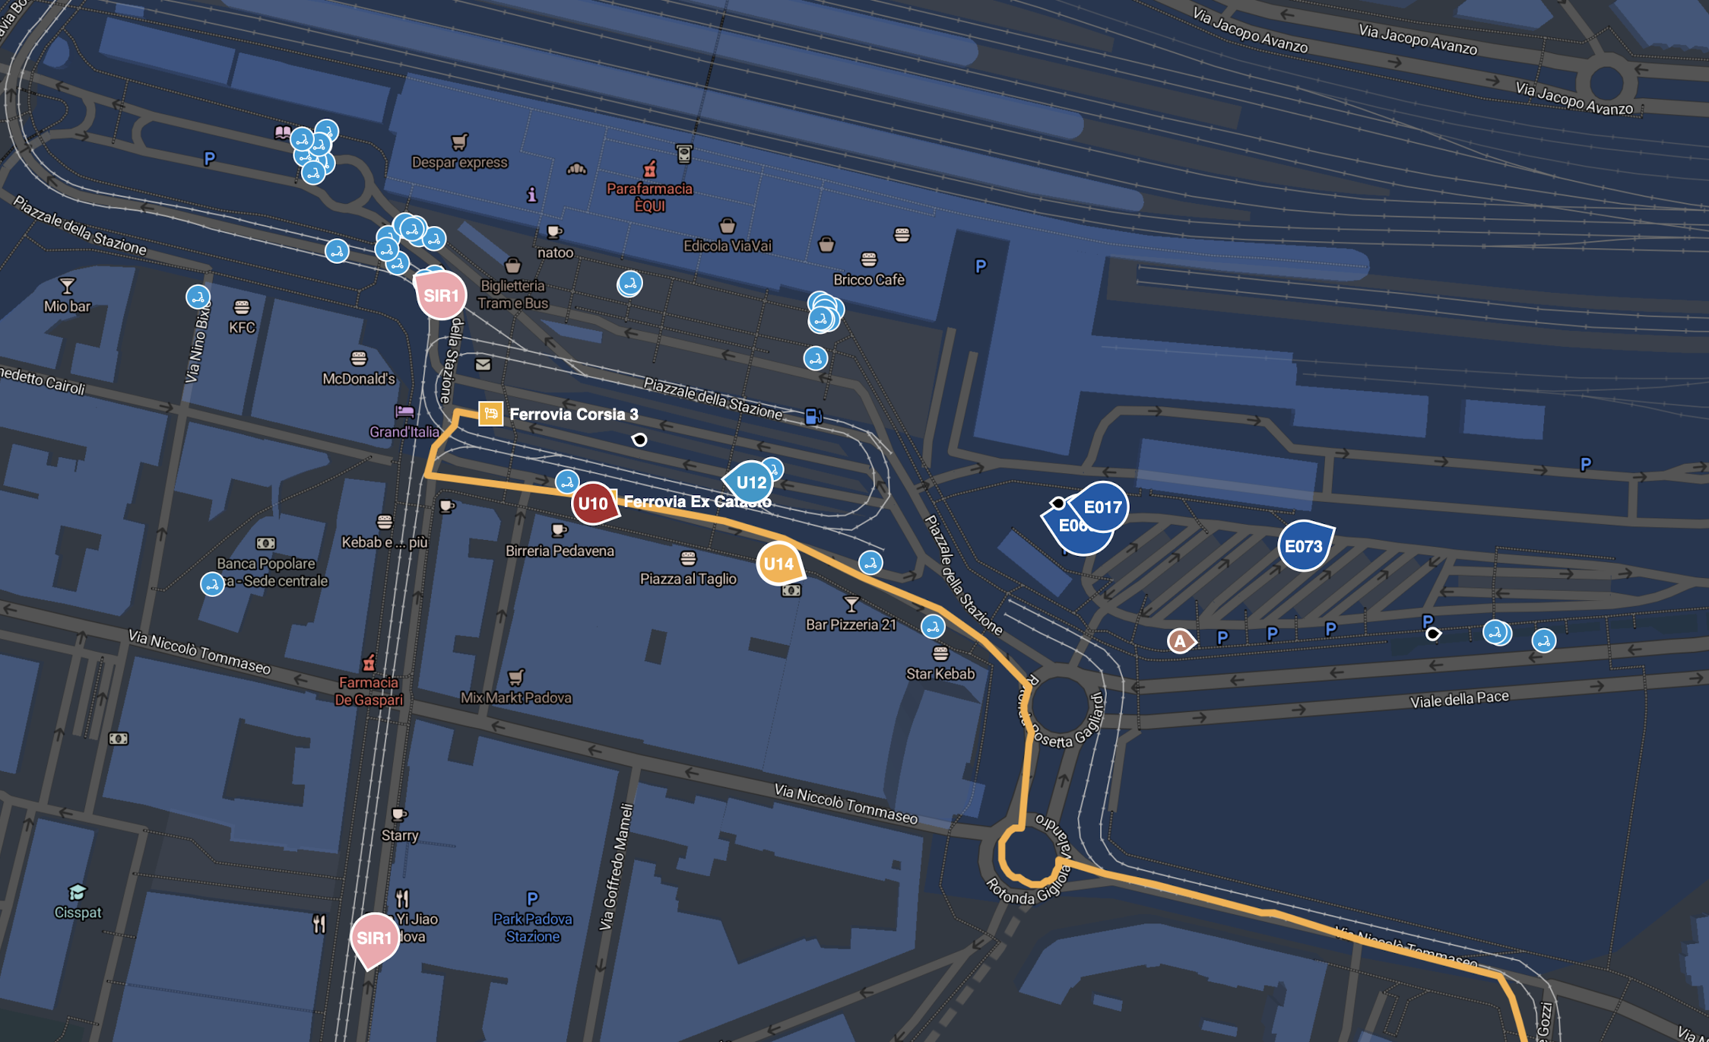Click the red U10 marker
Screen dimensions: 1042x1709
(x=593, y=504)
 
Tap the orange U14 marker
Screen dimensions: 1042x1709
(x=778, y=564)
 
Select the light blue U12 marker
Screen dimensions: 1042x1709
(x=750, y=482)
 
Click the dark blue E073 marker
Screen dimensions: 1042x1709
(x=1304, y=546)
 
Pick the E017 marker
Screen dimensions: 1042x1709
(x=1102, y=507)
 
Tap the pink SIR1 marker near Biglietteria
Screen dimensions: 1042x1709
(x=441, y=295)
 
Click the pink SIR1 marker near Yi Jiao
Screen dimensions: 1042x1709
(x=374, y=939)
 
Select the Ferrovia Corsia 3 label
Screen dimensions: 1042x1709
(x=573, y=415)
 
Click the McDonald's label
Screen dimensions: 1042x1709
(x=358, y=379)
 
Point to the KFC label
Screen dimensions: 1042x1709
(x=242, y=328)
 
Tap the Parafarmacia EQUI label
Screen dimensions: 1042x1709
(x=649, y=197)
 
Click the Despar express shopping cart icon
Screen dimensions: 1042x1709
(x=459, y=141)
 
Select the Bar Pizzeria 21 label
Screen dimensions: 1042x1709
(x=851, y=625)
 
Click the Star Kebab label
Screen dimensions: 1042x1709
(x=940, y=674)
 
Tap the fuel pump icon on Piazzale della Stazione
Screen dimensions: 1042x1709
(x=813, y=416)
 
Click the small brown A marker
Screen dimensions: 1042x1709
(x=1180, y=641)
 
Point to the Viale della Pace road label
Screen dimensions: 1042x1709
(x=1459, y=699)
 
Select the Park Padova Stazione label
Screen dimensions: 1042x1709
(x=532, y=928)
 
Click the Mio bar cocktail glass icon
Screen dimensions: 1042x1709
(x=67, y=286)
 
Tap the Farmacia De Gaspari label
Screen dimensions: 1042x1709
(x=369, y=691)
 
